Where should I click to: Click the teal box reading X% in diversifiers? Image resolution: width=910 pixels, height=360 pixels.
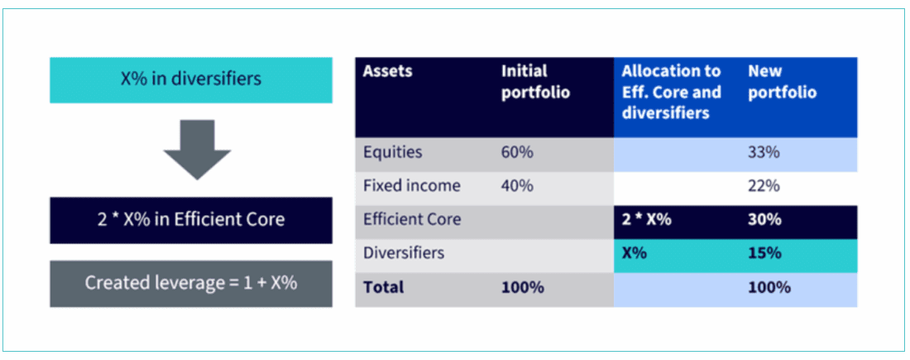tap(190, 79)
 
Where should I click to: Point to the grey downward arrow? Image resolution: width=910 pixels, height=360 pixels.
tap(197, 149)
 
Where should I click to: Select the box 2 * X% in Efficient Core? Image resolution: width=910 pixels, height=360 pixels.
tap(190, 219)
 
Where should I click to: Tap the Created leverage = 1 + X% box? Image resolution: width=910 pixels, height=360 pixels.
tap(190, 283)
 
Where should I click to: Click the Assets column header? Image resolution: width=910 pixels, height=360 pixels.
tap(387, 71)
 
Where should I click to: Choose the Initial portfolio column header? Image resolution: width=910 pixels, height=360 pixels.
tap(535, 81)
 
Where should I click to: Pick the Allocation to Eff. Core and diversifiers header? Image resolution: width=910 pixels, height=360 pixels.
tap(671, 92)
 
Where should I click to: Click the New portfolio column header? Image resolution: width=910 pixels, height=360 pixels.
tap(782, 81)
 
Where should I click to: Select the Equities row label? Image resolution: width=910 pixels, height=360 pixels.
tap(392, 152)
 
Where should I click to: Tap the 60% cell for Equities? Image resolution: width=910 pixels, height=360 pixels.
tap(517, 152)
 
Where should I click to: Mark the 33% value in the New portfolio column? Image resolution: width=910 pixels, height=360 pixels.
tap(764, 152)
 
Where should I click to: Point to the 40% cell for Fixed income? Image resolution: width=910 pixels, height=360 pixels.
tap(517, 186)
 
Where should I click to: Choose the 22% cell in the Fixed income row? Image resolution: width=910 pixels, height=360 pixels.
tap(764, 186)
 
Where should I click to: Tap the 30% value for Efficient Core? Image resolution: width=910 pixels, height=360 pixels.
tap(764, 220)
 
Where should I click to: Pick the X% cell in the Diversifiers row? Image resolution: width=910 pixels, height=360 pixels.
tap(634, 253)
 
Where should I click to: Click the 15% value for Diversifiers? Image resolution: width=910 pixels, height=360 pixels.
tap(764, 253)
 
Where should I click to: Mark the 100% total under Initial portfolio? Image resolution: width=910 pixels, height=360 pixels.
tap(522, 288)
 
